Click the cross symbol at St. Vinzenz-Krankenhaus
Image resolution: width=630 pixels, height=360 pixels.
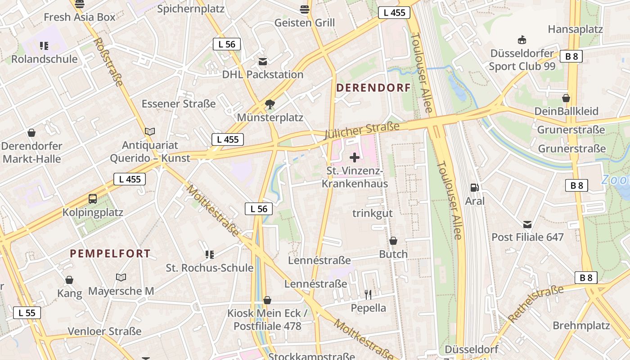point(355,157)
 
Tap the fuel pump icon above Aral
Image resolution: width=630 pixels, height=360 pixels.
point(474,188)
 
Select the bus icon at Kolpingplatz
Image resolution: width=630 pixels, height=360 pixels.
point(93,199)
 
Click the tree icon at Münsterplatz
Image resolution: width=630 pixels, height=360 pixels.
point(270,105)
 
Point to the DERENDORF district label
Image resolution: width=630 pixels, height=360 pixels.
point(373,88)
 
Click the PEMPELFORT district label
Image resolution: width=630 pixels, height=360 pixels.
point(110,253)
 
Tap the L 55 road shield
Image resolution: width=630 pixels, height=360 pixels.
point(27,313)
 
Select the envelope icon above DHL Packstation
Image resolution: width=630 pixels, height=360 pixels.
point(262,62)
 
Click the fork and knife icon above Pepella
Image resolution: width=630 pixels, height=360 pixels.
point(368,295)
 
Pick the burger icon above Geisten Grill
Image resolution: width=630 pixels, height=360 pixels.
point(305,9)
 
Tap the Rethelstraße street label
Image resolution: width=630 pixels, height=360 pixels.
point(535,304)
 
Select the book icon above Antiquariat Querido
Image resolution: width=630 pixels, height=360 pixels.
point(150,132)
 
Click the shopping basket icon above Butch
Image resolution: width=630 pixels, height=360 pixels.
point(393,241)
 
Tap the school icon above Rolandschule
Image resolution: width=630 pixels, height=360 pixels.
point(44,46)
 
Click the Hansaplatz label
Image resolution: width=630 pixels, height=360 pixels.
point(575,29)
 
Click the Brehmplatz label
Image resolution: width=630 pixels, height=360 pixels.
point(581,325)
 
